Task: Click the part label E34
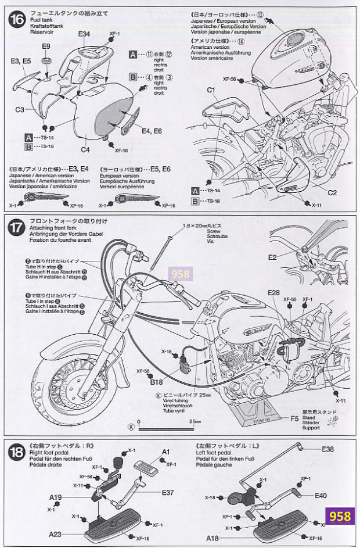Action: [x=84, y=34]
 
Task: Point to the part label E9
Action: [x=46, y=46]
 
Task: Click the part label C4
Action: [x=85, y=149]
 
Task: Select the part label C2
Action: [x=333, y=192]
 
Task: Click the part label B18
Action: [x=157, y=382]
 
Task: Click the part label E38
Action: [x=328, y=449]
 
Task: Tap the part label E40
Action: [x=322, y=496]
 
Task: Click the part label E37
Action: [x=168, y=493]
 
